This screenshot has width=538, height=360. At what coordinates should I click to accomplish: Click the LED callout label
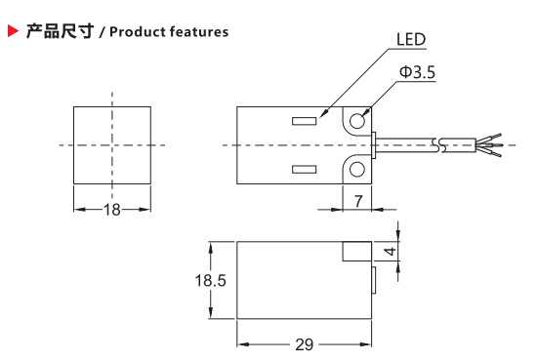click(411, 39)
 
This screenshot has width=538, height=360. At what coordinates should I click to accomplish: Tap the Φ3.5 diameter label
click(417, 72)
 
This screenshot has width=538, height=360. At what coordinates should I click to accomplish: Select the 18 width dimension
click(112, 210)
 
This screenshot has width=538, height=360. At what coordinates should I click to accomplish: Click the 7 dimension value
click(358, 201)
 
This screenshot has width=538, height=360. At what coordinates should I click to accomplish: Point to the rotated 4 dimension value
click(390, 252)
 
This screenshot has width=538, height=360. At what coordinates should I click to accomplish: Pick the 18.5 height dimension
click(210, 280)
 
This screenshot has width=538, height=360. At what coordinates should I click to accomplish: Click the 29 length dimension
click(305, 344)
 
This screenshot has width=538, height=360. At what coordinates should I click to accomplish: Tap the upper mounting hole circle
click(356, 121)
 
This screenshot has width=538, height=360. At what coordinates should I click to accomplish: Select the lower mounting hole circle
click(356, 170)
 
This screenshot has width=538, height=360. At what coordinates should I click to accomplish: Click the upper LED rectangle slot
click(305, 121)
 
